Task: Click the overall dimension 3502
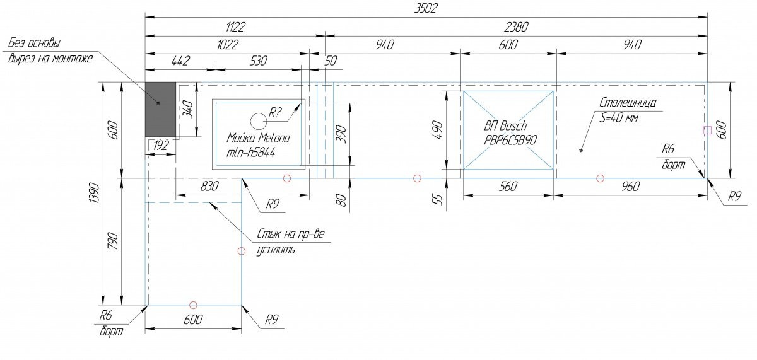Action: [x=426, y=8]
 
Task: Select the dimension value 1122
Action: [x=235, y=27]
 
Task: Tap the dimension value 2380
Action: [x=516, y=27]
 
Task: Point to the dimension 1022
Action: [x=227, y=45]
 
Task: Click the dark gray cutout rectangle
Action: [x=160, y=110]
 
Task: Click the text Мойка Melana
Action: [x=258, y=138]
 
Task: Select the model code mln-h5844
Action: [x=251, y=153]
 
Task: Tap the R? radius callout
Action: [x=274, y=112]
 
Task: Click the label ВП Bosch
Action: [x=505, y=125]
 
